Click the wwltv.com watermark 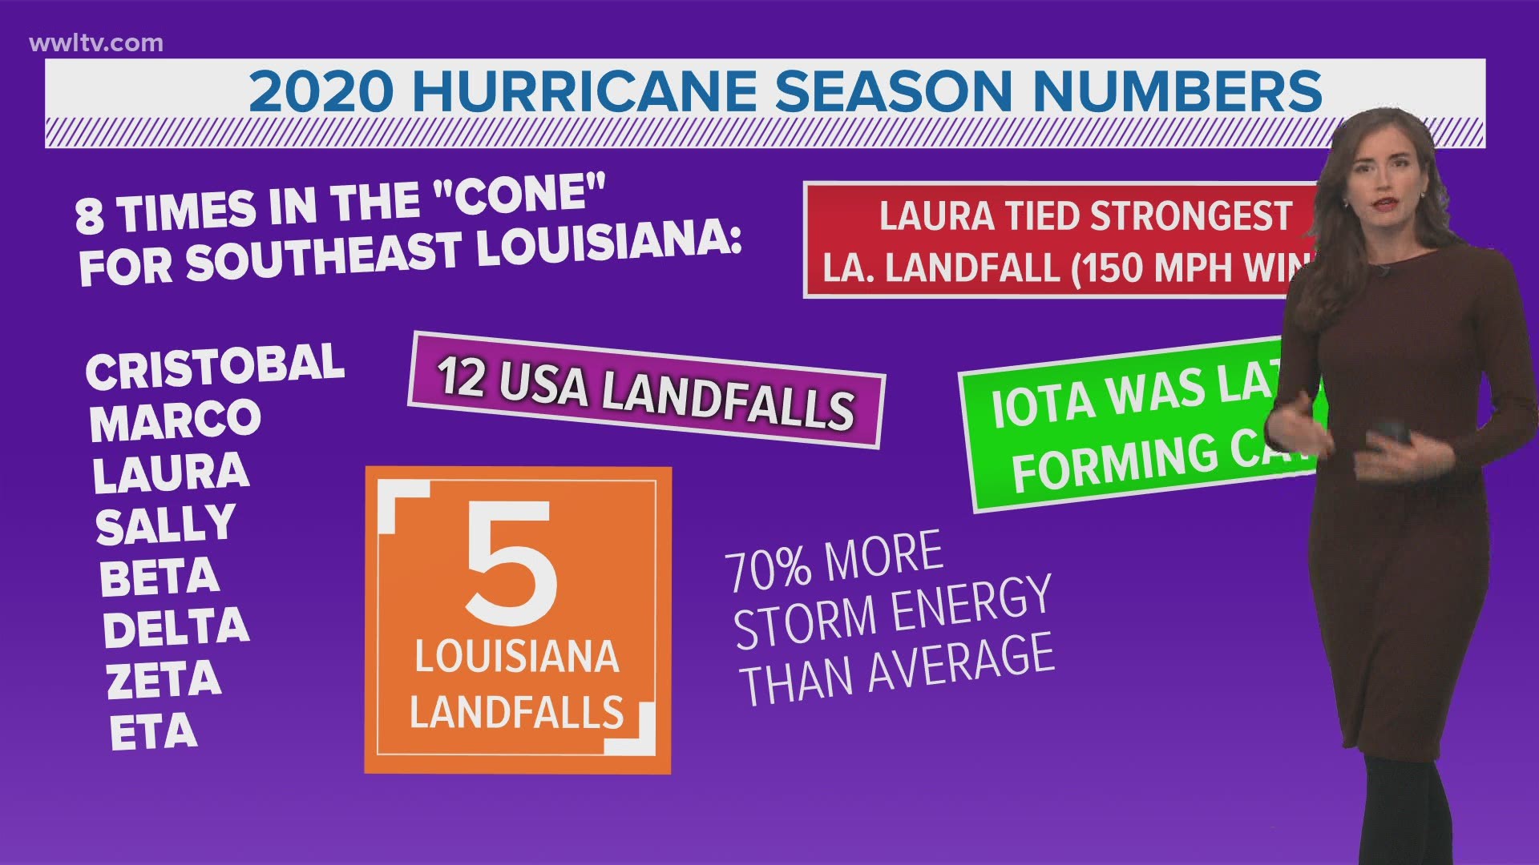click(96, 43)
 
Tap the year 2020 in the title click(321, 92)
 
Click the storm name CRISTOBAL click(215, 368)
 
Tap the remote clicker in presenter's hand click(1395, 437)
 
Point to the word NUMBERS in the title click(1177, 92)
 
